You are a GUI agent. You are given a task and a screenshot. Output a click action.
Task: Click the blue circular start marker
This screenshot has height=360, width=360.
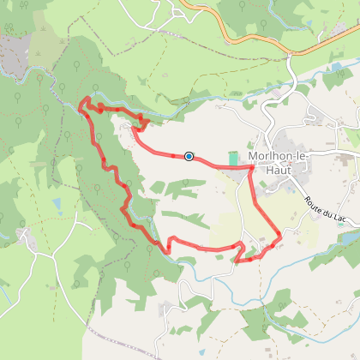[189, 156]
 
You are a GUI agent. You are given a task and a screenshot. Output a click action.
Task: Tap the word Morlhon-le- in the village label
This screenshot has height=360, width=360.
[279, 156]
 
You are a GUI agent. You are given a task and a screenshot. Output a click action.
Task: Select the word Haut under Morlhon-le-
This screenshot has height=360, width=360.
[279, 170]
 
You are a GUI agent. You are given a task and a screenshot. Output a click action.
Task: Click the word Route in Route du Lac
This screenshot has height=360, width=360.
[314, 204]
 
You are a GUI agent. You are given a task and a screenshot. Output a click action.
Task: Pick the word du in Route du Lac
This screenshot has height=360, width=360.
[332, 213]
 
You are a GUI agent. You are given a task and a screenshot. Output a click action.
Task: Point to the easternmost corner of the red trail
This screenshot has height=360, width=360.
[281, 233]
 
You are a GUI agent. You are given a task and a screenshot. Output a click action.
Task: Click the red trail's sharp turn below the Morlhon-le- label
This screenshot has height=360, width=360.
[251, 167]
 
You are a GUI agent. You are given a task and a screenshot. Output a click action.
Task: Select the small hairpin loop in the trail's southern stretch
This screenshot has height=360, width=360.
[242, 251]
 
